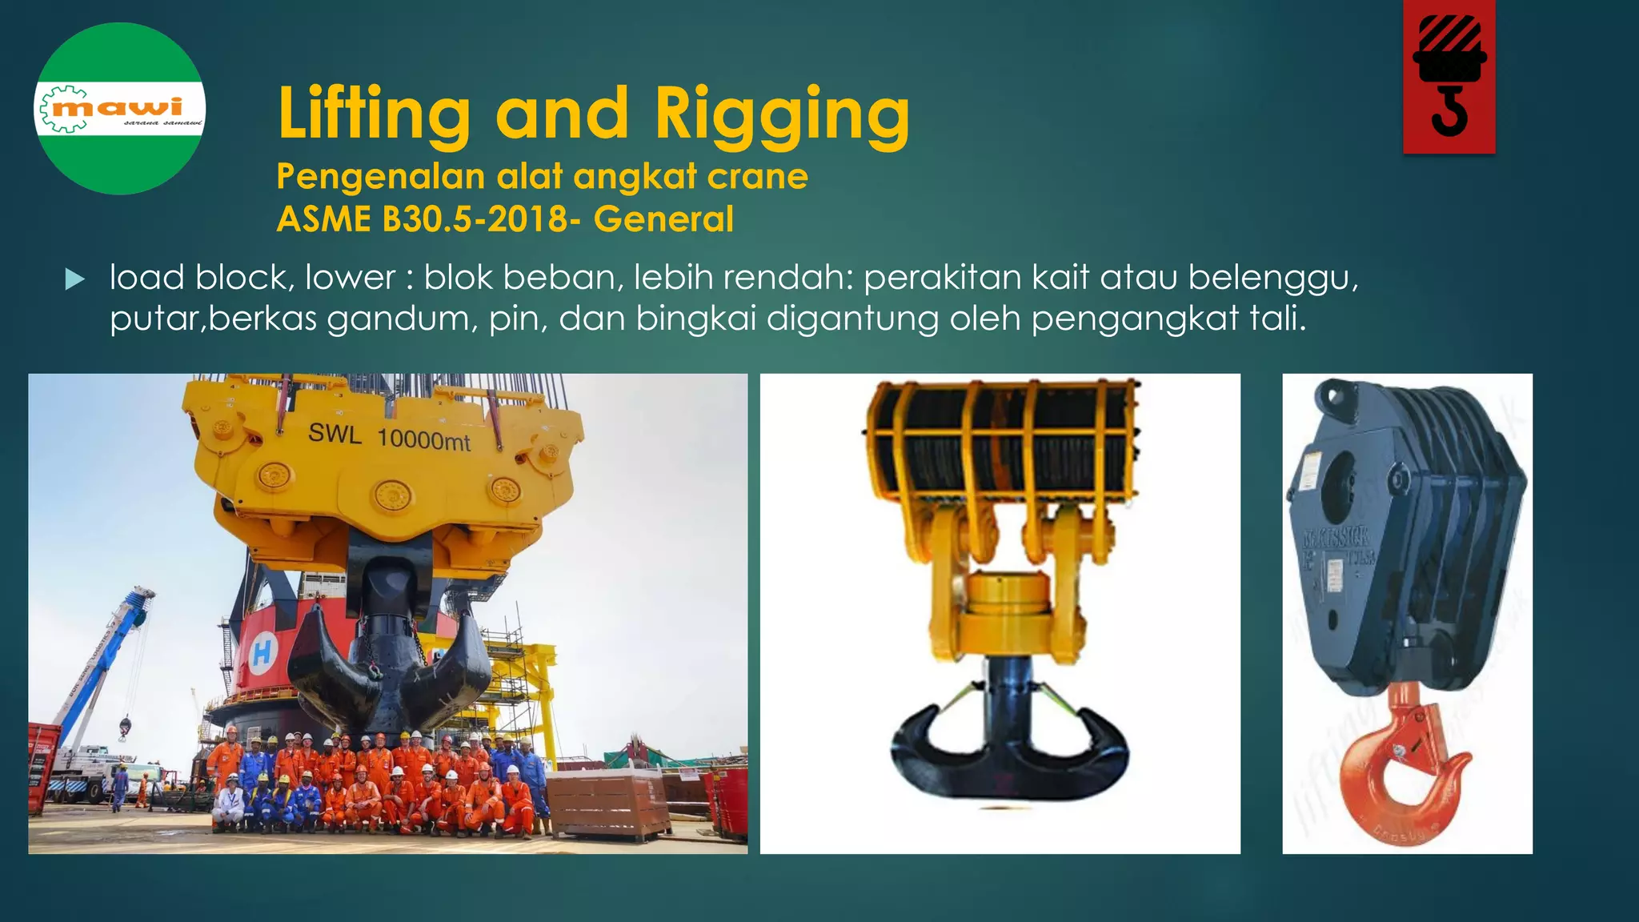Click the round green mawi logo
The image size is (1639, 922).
tap(120, 109)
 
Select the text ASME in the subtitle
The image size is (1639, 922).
tap(323, 219)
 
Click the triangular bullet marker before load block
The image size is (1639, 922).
tap(74, 279)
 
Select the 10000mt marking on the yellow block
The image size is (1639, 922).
tap(423, 439)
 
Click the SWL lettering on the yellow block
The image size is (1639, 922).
tap(335, 433)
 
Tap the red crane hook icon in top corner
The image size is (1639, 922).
tap(1449, 76)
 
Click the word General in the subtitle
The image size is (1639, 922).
tap(663, 219)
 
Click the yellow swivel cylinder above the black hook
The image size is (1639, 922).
tap(1008, 593)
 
